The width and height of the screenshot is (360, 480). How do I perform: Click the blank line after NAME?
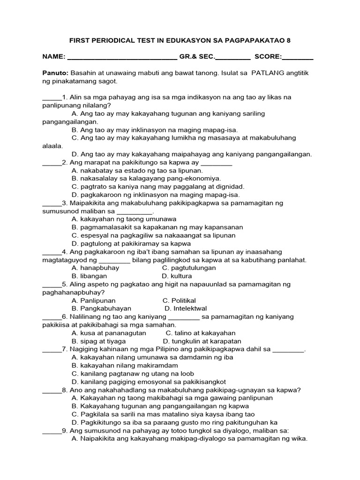[122, 58]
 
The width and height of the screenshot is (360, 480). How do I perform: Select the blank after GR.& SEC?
[232, 58]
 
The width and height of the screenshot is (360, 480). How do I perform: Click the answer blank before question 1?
[52, 98]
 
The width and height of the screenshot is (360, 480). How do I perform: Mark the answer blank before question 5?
[52, 285]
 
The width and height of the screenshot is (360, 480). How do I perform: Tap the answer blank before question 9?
[52, 431]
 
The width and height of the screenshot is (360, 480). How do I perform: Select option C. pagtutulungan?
[189, 268]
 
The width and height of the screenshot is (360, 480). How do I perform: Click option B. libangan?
[91, 276]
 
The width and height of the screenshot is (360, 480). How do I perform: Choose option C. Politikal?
[179, 300]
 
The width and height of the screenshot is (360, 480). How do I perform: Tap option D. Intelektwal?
[186, 308]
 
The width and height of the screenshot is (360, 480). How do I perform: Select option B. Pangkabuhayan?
[101, 308]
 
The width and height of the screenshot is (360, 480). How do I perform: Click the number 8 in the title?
[289, 41]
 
